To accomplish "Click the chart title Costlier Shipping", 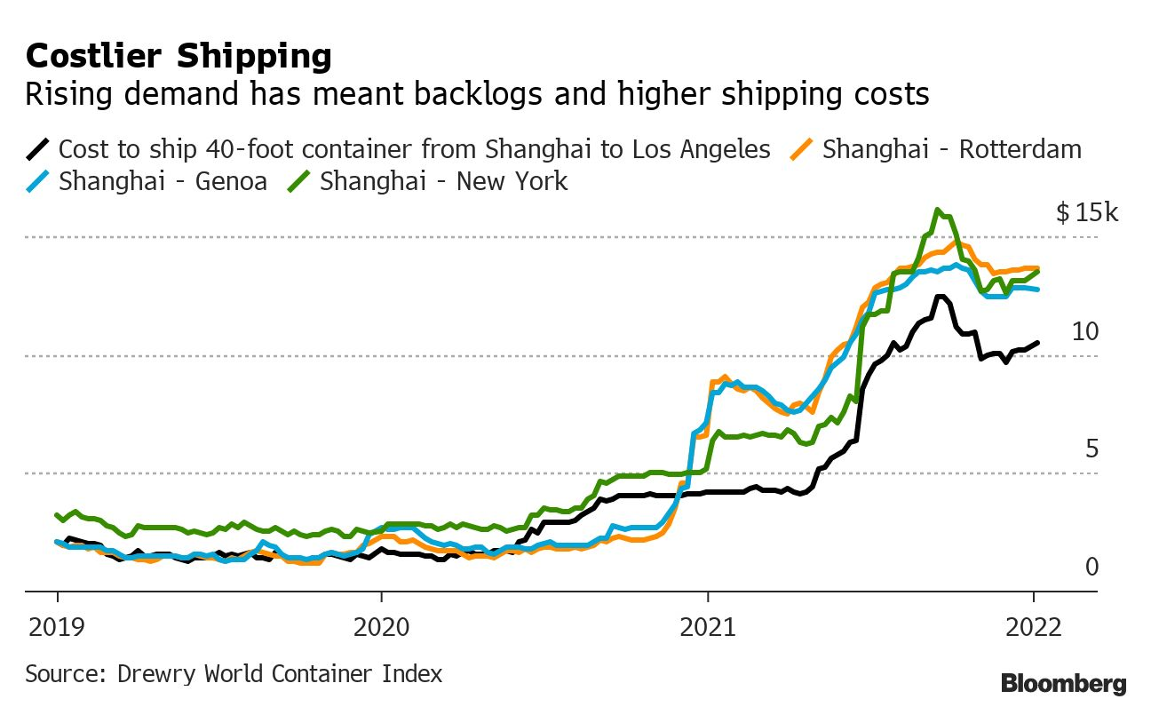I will (179, 57).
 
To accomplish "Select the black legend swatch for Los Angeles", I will (38, 149).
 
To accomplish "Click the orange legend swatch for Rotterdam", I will (803, 149).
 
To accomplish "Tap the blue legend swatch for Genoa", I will (38, 182).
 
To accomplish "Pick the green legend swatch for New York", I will (299, 182).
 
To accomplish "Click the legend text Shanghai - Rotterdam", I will (952, 149).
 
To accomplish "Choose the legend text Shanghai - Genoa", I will (163, 182).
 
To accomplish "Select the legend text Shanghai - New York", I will (443, 182).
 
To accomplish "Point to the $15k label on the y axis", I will (1088, 213).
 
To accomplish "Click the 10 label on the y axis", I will (1085, 332).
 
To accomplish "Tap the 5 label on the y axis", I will (1091, 449).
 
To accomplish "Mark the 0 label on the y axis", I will (1091, 567).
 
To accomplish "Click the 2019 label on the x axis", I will (57, 628).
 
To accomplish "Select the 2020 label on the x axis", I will (381, 628).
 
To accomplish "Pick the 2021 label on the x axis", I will (707, 628).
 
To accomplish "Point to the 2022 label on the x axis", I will (1033, 628).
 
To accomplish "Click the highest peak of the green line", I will (937, 211).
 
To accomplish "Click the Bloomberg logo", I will (1063, 683).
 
